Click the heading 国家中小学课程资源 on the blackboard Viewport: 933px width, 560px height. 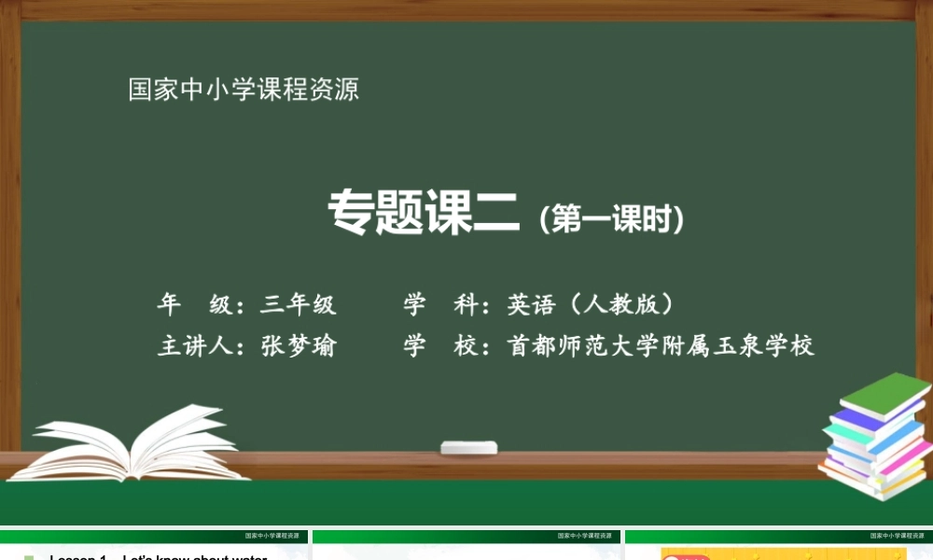coord(244,91)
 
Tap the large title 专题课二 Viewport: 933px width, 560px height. coord(423,214)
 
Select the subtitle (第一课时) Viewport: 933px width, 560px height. coord(611,218)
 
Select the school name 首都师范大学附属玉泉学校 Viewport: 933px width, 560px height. coord(661,346)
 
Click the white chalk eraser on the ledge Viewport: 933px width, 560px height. coord(469,447)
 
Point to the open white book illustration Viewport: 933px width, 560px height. coord(131,443)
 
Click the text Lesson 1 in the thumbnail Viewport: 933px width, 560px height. coord(79,558)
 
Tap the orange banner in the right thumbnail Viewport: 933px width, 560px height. coord(784,554)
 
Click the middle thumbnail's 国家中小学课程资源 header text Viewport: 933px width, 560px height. coord(585,537)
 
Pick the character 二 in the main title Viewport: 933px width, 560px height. coord(494,214)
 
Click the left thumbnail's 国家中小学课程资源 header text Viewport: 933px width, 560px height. coord(272,537)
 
